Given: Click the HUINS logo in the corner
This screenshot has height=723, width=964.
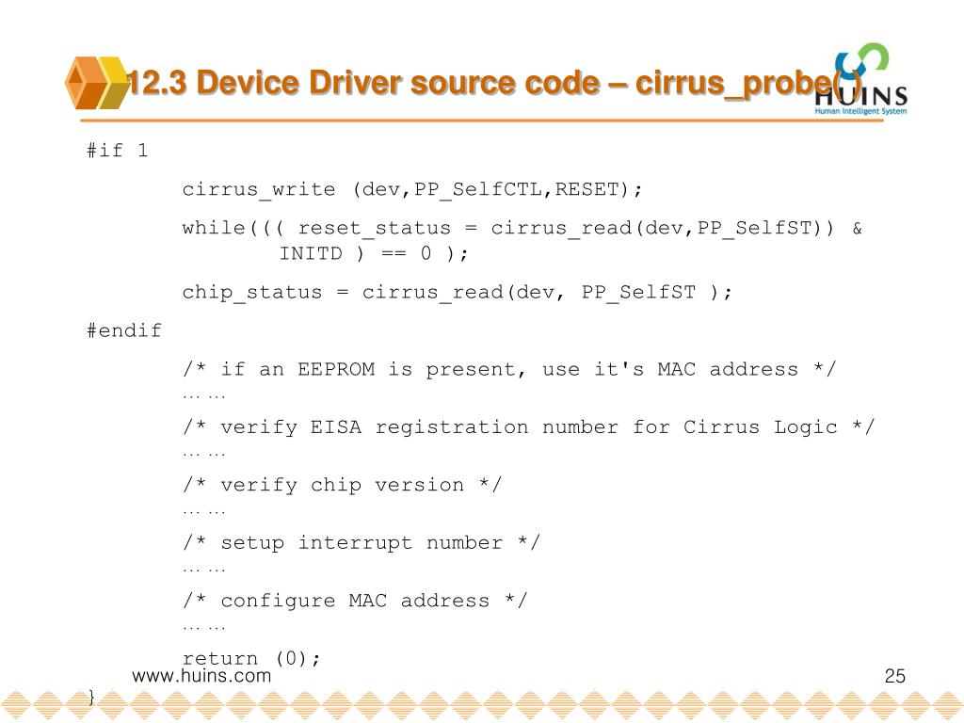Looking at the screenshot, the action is click(859, 79).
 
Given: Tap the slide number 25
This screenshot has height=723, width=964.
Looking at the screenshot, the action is click(894, 676).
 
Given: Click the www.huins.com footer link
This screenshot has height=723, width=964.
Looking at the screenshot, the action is click(201, 676).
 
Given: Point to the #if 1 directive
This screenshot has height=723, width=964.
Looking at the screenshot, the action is click(118, 151).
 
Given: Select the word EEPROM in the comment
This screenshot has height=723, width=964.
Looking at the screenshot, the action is click(336, 369).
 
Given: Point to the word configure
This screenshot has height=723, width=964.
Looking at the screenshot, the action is click(278, 601).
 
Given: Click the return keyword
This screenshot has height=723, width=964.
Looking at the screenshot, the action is click(220, 659).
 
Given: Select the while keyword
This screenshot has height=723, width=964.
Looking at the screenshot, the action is click(214, 228).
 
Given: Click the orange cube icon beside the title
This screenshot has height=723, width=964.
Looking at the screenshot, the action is click(96, 83).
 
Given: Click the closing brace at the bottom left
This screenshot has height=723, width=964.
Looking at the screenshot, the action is click(91, 698).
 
